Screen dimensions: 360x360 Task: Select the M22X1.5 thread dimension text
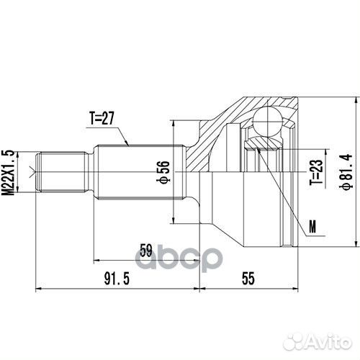pyautogui.click(x=9, y=171)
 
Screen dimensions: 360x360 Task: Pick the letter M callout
pyautogui.click(x=311, y=228)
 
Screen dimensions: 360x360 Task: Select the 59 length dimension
pyautogui.click(x=145, y=251)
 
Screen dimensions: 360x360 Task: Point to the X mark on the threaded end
pyautogui.click(x=30, y=171)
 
